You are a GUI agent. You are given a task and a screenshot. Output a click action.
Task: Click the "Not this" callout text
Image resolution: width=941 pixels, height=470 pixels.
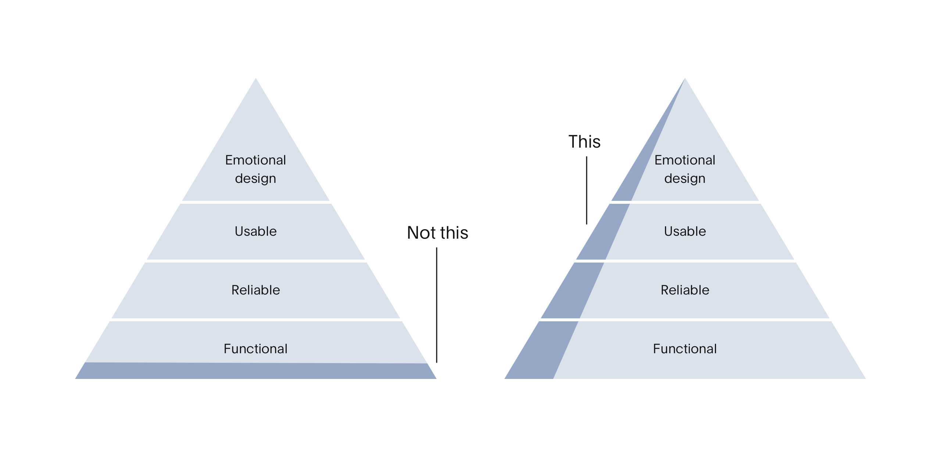pyautogui.click(x=437, y=233)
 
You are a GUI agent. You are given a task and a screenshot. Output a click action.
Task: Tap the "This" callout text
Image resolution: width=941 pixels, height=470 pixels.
pyautogui.click(x=584, y=142)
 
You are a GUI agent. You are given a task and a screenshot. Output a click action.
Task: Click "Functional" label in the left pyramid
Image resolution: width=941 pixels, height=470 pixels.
pyautogui.click(x=255, y=349)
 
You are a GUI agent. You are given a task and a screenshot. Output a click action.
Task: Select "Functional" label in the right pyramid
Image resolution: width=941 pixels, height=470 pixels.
pyautogui.click(x=685, y=349)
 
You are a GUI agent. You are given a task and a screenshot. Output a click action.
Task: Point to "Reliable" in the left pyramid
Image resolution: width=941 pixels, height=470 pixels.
pyautogui.click(x=255, y=290)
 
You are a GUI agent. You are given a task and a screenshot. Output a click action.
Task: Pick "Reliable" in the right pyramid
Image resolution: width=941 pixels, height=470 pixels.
pyautogui.click(x=685, y=290)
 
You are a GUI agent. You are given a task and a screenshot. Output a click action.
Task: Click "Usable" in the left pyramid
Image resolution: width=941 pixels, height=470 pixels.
pyautogui.click(x=255, y=231)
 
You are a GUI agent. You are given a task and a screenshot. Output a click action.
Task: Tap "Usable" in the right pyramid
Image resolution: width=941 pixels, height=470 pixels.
pyautogui.click(x=685, y=231)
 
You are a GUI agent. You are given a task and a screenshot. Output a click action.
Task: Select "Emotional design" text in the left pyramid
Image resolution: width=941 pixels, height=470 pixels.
pyautogui.click(x=255, y=169)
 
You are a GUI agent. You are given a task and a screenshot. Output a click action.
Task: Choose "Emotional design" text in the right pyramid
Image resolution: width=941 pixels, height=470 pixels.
pyautogui.click(x=685, y=169)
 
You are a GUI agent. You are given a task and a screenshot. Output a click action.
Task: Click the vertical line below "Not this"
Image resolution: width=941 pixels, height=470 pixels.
pyautogui.click(x=437, y=305)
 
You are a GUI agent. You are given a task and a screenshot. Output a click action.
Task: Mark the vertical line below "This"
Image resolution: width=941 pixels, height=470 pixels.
pyautogui.click(x=587, y=190)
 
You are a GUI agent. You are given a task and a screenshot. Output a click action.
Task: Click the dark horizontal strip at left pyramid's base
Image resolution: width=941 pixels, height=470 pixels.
pyautogui.click(x=255, y=371)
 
